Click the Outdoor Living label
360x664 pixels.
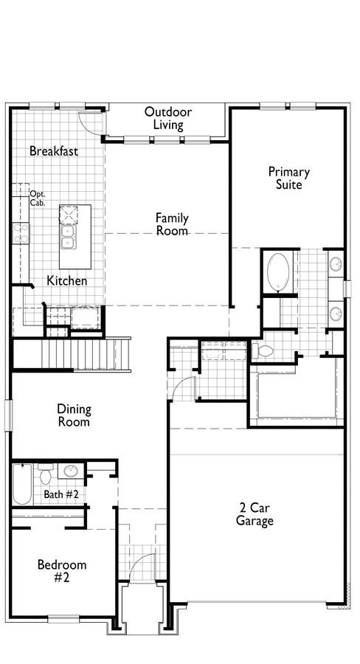[x=168, y=118]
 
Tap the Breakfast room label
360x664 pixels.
[x=54, y=151]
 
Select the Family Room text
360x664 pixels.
[x=172, y=224]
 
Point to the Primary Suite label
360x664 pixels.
[x=289, y=178]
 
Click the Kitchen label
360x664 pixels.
[x=67, y=281]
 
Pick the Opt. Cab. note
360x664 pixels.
[x=38, y=198]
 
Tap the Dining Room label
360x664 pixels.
[x=74, y=415]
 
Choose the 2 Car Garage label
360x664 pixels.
[x=255, y=514]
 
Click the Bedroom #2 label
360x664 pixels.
[x=62, y=571]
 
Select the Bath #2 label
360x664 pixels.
[x=61, y=494]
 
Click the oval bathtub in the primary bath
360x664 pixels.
[x=278, y=272]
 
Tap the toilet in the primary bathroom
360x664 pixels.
[x=263, y=350]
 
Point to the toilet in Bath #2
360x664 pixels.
[x=45, y=474]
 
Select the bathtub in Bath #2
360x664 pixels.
[x=22, y=485]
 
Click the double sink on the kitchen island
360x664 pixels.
[x=67, y=237]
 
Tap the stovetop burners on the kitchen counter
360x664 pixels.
[x=21, y=233]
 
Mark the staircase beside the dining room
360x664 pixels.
[x=71, y=354]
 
